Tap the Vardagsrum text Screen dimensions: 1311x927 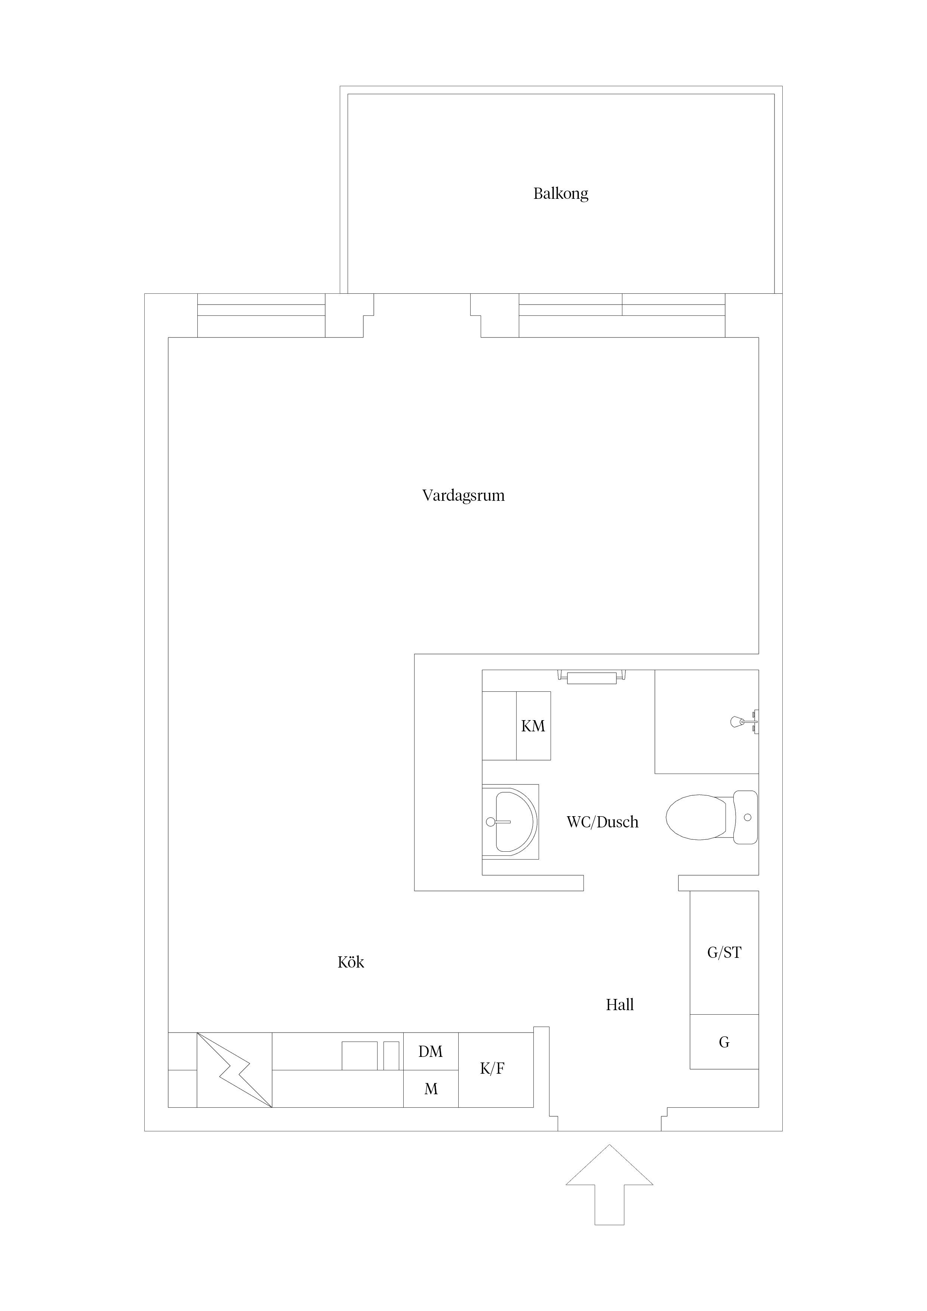click(x=463, y=495)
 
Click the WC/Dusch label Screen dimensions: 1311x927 click(x=602, y=822)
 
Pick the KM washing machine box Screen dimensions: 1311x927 click(x=533, y=726)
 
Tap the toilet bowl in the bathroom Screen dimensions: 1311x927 click(x=696, y=818)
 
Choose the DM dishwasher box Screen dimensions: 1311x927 click(x=431, y=1051)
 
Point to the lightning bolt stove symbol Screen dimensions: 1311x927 click(x=234, y=1070)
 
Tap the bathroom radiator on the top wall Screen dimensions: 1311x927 click(x=591, y=678)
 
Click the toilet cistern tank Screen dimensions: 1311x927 click(x=745, y=818)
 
